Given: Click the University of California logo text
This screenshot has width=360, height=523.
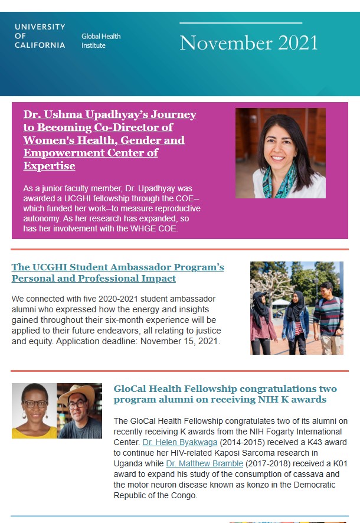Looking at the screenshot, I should (40, 36).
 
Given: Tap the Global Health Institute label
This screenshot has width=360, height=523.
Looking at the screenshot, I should (101, 41).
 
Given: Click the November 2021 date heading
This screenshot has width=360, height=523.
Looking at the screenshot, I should (248, 43).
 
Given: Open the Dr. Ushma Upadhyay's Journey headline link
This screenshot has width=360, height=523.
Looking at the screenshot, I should (110, 140).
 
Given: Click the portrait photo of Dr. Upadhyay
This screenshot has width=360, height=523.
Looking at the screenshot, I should (280, 153).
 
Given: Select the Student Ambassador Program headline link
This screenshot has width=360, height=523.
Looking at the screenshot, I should (117, 273).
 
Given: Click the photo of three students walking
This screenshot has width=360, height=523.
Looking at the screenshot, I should (296, 308).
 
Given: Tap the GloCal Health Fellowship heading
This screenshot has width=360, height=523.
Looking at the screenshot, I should (225, 394).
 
